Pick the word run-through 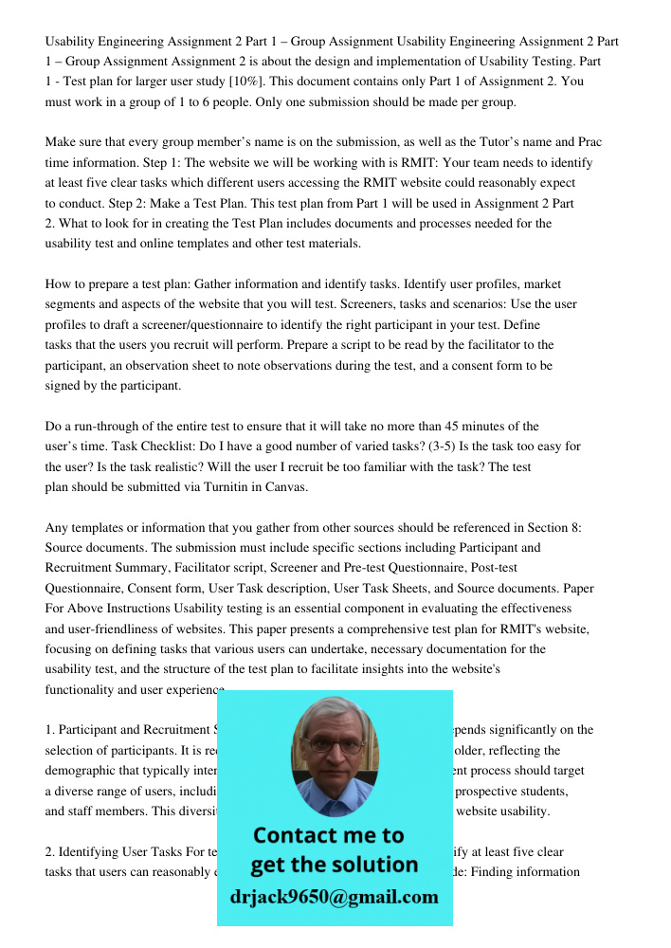107,426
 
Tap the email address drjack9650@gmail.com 335,897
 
